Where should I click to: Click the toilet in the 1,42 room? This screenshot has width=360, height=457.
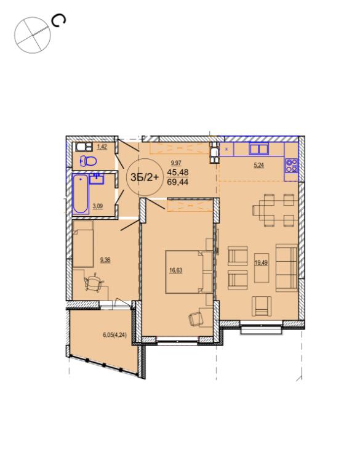point(89,161)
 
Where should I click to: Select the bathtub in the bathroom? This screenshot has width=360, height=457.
point(80,194)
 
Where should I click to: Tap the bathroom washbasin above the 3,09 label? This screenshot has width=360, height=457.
point(97,179)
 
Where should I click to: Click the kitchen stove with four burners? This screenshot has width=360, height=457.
point(291,165)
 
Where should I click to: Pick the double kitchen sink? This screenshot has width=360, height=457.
point(258,149)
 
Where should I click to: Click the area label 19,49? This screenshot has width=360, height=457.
point(261,262)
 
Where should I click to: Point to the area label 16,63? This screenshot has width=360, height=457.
point(175,270)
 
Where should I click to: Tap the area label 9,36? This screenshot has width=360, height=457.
point(105,260)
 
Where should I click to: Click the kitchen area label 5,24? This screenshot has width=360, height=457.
point(258,165)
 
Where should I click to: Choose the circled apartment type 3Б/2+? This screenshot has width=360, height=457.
point(145,177)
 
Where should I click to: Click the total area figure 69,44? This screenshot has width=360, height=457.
point(178,182)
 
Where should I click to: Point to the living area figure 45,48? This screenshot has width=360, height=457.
point(178,172)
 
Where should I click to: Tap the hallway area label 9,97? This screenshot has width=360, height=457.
point(177,163)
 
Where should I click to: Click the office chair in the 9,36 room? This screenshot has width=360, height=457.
point(94,282)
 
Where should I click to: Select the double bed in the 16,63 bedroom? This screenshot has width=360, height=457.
point(188,272)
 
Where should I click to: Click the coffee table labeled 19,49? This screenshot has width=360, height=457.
point(262,267)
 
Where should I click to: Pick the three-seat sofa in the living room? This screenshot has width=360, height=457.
point(287,267)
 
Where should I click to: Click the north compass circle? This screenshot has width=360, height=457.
point(33,35)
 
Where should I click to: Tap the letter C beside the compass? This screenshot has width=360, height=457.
point(58,21)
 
